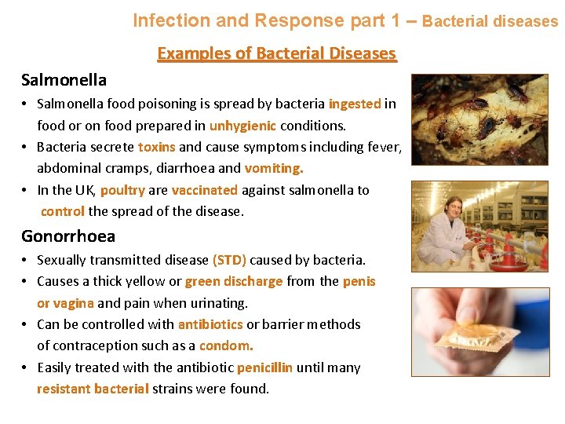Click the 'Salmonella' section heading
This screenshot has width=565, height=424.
tap(64, 80)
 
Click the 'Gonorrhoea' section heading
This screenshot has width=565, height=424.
tap(68, 236)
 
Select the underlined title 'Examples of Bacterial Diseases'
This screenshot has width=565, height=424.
tap(277, 53)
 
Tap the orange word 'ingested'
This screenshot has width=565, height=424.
tap(355, 104)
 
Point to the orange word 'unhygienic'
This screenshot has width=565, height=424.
tap(242, 125)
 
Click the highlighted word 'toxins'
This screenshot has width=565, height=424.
tap(157, 147)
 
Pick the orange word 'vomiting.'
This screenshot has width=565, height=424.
tap(274, 168)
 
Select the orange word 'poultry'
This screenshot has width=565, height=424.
tap(122, 190)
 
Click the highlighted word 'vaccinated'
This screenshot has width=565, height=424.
tap(204, 190)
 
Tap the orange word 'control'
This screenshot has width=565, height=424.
tap(63, 211)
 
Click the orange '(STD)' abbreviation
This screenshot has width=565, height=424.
tap(229, 260)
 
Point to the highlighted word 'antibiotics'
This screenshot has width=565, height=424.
tap(210, 324)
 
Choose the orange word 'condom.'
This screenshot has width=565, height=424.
tap(226, 345)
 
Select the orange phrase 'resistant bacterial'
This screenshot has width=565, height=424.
tap(93, 389)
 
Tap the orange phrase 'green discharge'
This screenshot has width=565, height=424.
tap(234, 281)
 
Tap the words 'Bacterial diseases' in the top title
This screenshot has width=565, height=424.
tap(490, 21)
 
